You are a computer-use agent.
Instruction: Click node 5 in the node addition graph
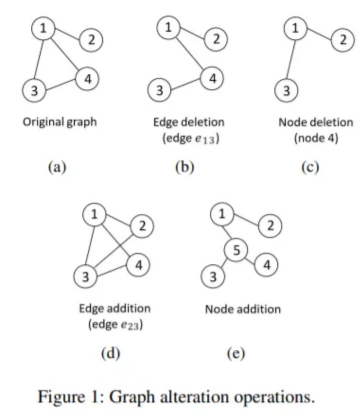pos(236,251)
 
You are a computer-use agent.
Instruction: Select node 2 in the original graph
pos(92,40)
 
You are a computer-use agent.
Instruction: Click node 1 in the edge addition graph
pos(94,215)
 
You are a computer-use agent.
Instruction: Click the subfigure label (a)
pos(57,167)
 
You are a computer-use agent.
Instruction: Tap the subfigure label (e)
pos(235,353)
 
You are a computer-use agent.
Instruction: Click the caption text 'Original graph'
pos(60,122)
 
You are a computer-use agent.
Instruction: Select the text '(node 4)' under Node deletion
pos(316,139)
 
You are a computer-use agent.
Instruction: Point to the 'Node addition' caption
pos(243,310)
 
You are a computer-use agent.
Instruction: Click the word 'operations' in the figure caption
pos(273,396)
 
